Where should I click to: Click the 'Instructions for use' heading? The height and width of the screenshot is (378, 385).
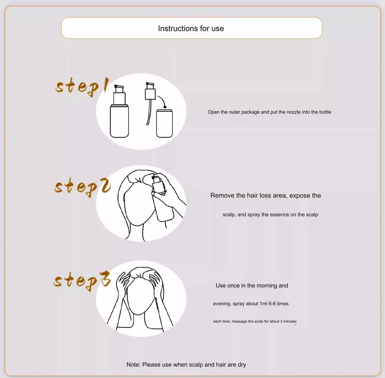pyautogui.click(x=191, y=29)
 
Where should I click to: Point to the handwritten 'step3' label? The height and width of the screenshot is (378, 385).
pyautogui.click(x=82, y=281)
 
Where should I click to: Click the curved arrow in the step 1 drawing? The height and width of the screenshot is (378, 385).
pyautogui.click(x=163, y=100)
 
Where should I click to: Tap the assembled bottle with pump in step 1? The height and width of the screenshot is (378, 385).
pyautogui.click(x=119, y=111)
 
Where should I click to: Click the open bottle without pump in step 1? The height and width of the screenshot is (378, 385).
pyautogui.click(x=164, y=123)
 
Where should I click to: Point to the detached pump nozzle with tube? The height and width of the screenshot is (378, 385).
pyautogui.click(x=150, y=103)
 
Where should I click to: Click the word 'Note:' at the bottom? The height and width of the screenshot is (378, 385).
pyautogui.click(x=134, y=365)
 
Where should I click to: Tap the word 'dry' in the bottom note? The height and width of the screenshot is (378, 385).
pyautogui.click(x=242, y=365)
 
